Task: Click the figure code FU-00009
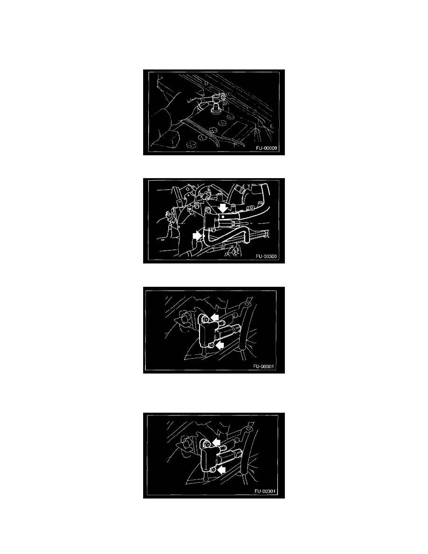coord(267,148)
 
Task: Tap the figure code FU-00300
coord(267,256)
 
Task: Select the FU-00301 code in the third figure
coord(263,367)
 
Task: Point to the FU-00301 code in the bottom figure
coord(265,491)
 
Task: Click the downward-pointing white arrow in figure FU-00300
coord(223,208)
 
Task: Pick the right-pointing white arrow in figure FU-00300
coord(197,235)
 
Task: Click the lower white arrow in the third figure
coord(219,345)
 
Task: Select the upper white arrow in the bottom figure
coord(216,443)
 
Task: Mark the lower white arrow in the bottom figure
coord(221,470)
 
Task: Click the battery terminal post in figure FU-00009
coord(214,111)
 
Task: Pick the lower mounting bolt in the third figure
coord(211,345)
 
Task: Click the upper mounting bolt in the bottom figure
coord(207,443)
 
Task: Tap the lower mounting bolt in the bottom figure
coord(212,470)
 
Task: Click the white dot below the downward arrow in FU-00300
coord(223,216)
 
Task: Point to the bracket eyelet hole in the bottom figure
coord(249,429)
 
